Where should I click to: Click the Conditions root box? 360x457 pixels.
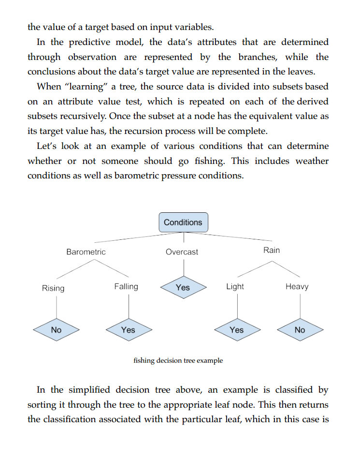183,222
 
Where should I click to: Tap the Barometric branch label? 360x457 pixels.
86,252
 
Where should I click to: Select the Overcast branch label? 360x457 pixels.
182,252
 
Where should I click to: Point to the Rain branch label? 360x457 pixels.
272,250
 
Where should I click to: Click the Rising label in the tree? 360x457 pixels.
53,288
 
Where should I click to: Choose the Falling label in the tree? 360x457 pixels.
126,287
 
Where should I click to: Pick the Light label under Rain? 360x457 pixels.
235,287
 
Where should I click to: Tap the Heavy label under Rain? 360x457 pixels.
297,287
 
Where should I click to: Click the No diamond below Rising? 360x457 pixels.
56,330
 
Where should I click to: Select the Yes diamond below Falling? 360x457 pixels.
128,330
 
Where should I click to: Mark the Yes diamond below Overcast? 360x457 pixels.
183,287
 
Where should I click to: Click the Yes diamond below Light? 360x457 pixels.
237,330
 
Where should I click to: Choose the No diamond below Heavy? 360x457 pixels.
300,330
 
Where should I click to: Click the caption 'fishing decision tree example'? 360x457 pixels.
178,361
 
